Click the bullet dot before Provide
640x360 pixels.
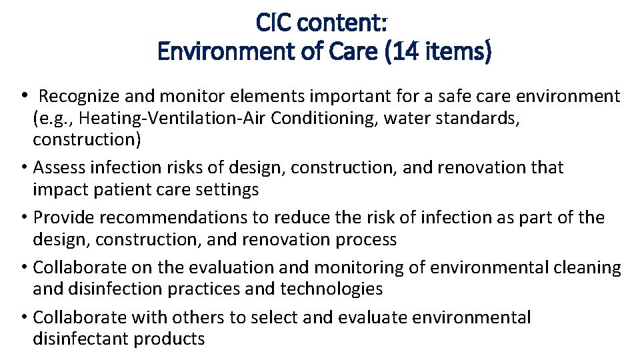click(25, 217)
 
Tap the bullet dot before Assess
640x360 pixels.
click(25, 167)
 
